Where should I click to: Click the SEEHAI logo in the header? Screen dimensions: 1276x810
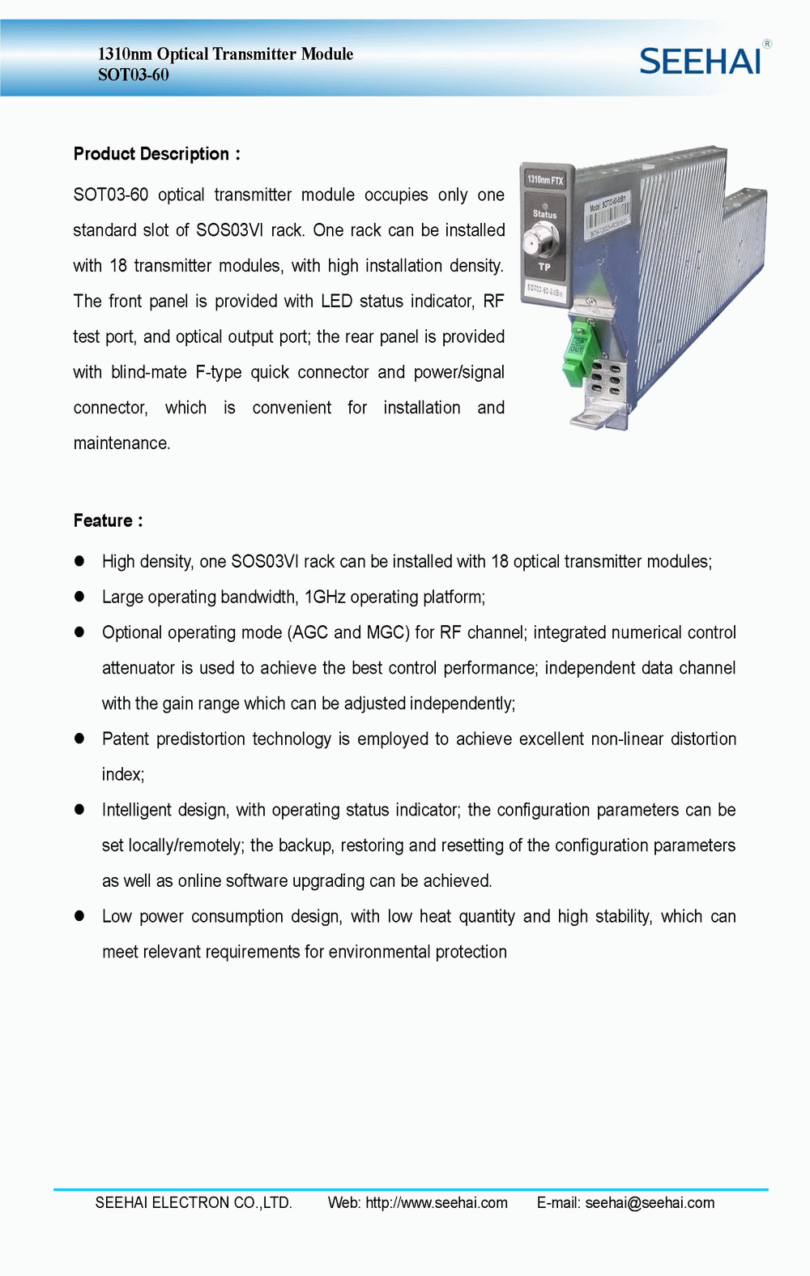coord(701,62)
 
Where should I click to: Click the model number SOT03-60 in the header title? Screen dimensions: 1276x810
coord(134,75)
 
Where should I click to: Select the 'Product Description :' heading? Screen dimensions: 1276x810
coord(156,154)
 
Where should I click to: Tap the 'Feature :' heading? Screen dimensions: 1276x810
coord(108,520)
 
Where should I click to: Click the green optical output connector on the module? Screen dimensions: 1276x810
coord(577,357)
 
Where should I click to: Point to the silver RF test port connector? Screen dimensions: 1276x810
coord(542,240)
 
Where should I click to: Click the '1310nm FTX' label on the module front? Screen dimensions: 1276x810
coord(545,180)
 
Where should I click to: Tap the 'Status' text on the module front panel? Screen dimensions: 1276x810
coord(544,215)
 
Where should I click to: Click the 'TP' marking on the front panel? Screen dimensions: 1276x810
coord(544,267)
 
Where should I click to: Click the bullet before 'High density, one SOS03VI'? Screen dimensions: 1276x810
coord(79,561)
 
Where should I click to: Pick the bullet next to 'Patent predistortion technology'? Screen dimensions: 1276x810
coord(79,739)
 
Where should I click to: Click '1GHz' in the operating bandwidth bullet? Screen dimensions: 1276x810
coord(325,597)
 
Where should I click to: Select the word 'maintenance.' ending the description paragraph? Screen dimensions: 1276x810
coord(122,443)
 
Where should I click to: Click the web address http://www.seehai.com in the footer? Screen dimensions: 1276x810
coord(437,1203)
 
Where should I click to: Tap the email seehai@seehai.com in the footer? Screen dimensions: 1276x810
coord(650,1203)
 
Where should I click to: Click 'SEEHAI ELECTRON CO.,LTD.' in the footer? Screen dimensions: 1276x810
coord(194,1203)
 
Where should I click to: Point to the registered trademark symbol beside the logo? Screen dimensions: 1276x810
coord(767,44)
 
